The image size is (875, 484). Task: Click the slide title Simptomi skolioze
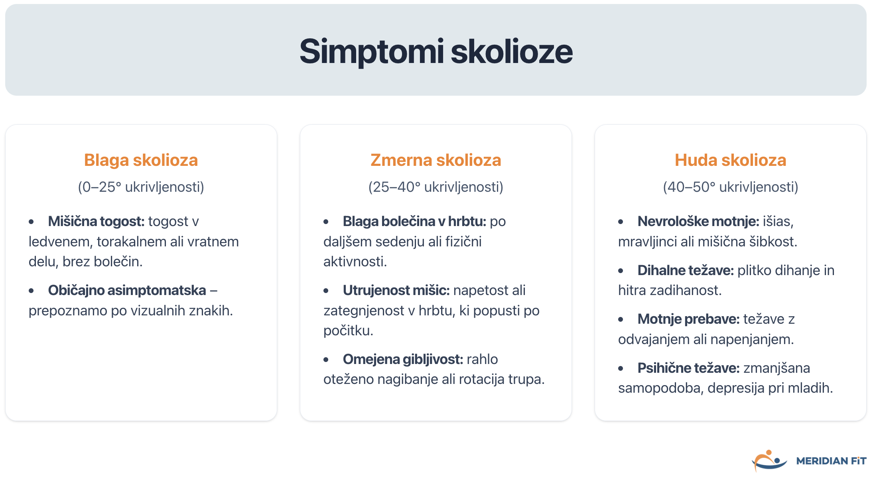click(436, 51)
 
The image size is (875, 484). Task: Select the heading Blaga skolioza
click(141, 160)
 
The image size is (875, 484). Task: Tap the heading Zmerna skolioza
click(436, 160)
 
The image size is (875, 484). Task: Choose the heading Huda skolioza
click(730, 160)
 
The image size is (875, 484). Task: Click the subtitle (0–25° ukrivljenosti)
click(141, 187)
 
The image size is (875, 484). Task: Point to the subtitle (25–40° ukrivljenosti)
click(436, 187)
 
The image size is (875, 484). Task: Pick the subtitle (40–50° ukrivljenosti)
click(730, 187)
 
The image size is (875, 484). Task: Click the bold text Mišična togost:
click(96, 221)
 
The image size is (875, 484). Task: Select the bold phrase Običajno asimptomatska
click(127, 290)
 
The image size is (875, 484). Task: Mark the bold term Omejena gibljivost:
click(403, 359)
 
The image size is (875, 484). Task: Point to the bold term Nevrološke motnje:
click(698, 221)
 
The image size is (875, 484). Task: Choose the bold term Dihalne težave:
click(686, 270)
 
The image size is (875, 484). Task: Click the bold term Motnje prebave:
click(688, 319)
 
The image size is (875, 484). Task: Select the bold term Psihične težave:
click(688, 368)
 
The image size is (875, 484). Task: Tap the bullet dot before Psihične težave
click(621, 368)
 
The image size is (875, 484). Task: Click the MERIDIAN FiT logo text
click(831, 461)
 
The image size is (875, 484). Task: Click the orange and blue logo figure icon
click(769, 460)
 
